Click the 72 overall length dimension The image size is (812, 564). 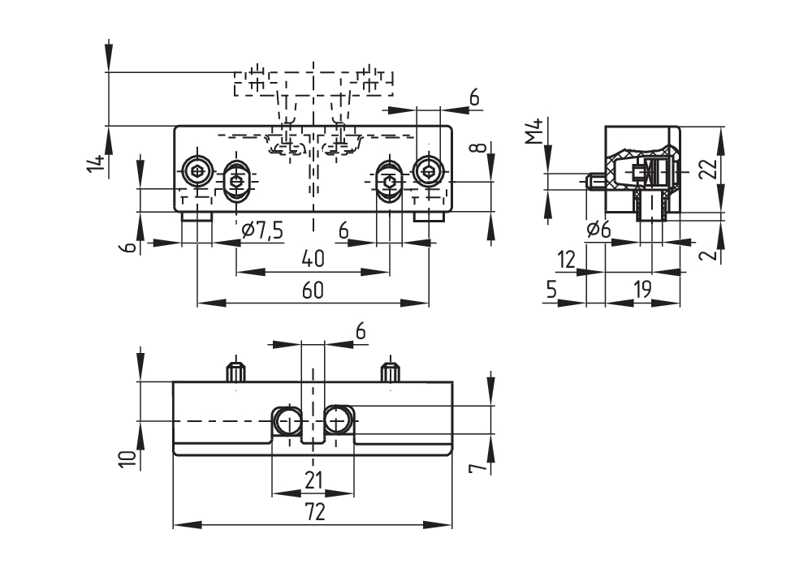314,511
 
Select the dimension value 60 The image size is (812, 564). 313,290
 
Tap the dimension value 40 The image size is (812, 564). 313,259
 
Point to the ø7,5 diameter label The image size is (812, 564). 262,231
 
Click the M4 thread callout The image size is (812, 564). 533,131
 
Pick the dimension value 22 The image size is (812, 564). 708,169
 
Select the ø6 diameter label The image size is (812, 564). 598,230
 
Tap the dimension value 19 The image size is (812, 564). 642,290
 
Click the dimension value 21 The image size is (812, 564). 313,480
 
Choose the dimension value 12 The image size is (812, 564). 566,260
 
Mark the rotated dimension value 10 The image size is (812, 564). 127,459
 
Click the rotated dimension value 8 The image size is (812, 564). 479,149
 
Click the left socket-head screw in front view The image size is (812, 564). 197,170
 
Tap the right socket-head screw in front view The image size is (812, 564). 428,170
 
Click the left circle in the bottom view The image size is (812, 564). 288,420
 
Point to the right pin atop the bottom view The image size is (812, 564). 390,373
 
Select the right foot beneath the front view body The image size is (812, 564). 429,217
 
